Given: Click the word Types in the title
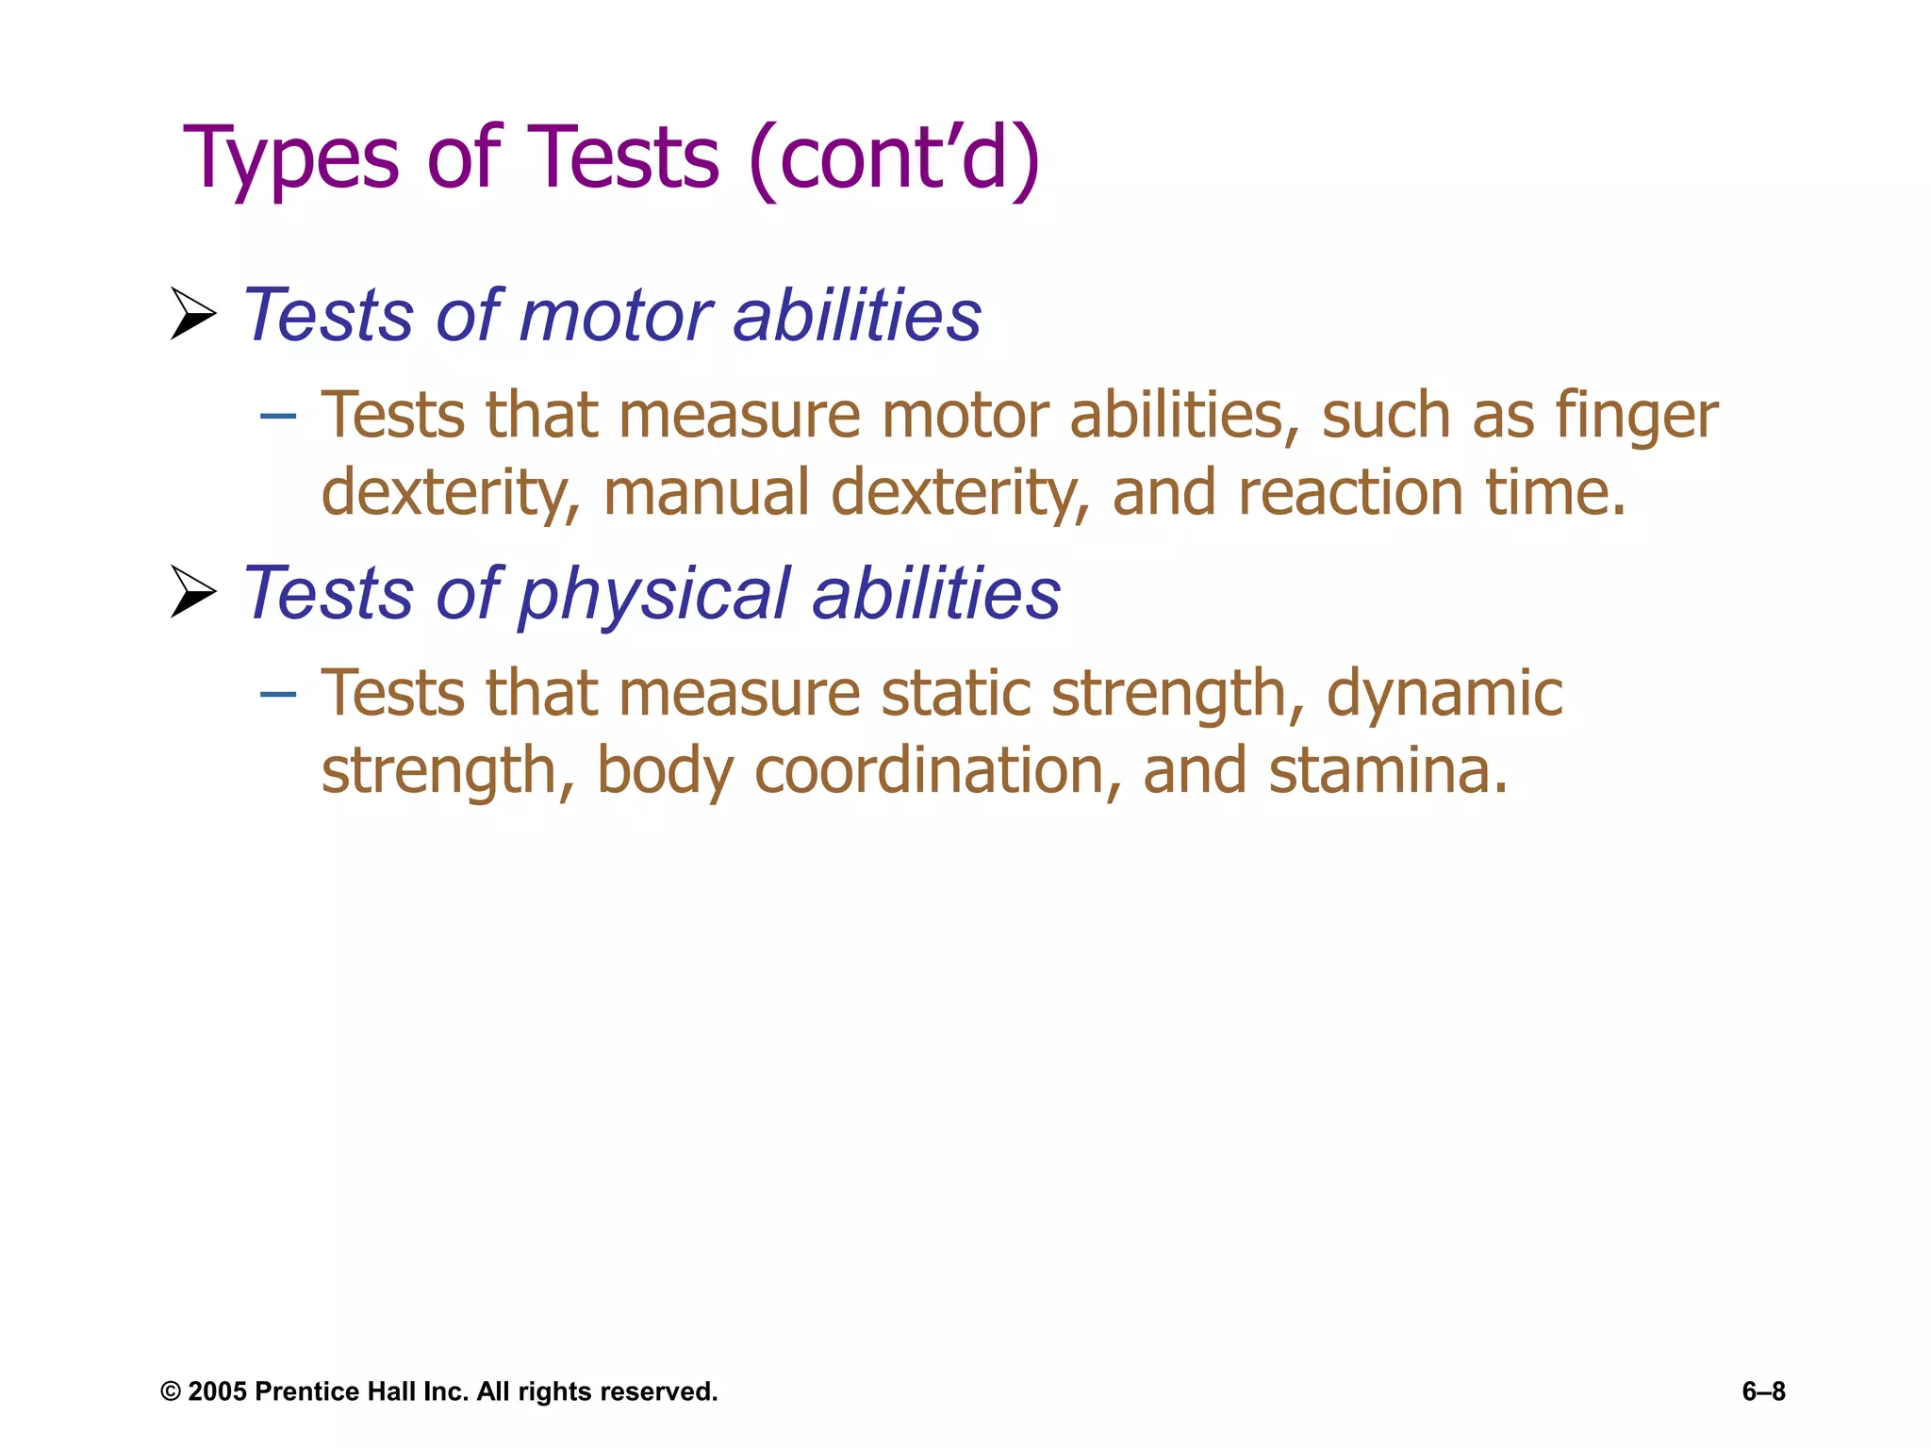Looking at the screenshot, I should click(291, 160).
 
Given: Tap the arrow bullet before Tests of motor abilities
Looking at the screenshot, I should click(193, 314).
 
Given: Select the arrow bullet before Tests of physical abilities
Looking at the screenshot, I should click(193, 592).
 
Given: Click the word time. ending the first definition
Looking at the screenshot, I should click(1556, 492).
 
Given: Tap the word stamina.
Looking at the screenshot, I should click(1387, 771).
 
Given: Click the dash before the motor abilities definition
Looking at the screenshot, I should click(278, 415).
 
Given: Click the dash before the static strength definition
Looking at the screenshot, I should click(278, 694).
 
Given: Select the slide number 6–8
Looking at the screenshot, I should click(1763, 1391).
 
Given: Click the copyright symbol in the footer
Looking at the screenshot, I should click(171, 1392).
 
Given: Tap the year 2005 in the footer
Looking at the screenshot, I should click(217, 1392).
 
